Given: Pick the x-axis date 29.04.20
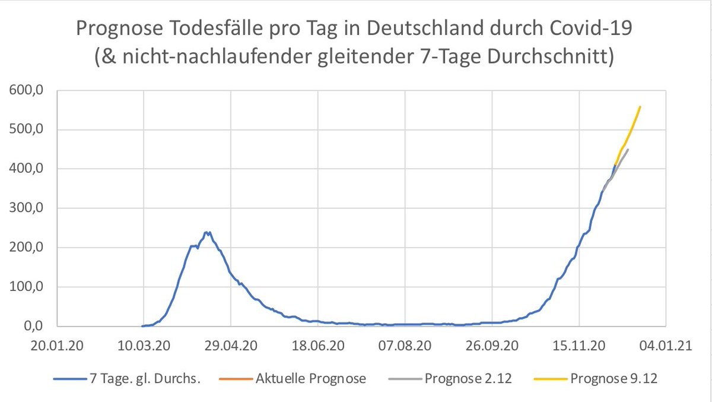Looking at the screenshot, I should click(x=231, y=346).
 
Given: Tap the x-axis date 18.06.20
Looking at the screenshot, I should click(x=319, y=346).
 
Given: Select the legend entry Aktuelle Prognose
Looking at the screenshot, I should click(x=311, y=378).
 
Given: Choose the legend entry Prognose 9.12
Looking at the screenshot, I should click(x=614, y=378).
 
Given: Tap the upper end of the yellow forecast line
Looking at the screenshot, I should click(x=640, y=107).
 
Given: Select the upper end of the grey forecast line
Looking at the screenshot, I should click(x=628, y=149).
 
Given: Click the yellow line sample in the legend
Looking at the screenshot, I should click(x=548, y=378).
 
